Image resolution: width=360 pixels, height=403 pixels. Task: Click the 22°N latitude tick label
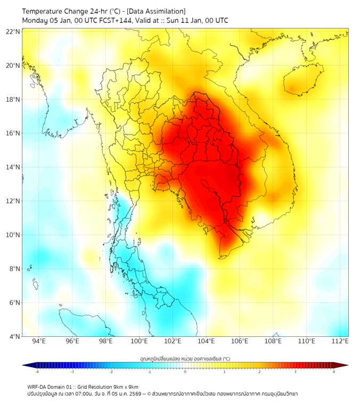click(13, 31)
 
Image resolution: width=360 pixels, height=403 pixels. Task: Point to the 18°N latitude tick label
click(13, 100)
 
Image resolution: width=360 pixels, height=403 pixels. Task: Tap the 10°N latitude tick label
click(13, 235)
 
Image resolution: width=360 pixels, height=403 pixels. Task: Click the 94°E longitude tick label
click(38, 341)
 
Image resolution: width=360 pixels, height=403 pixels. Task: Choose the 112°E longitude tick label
click(340, 341)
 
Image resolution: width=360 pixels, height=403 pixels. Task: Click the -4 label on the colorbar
click(37, 372)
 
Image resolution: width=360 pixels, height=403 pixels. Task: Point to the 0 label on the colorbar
click(185, 372)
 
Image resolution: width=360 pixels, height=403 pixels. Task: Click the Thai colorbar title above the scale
click(184, 358)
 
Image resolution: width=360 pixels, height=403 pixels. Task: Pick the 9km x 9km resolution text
click(124, 386)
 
